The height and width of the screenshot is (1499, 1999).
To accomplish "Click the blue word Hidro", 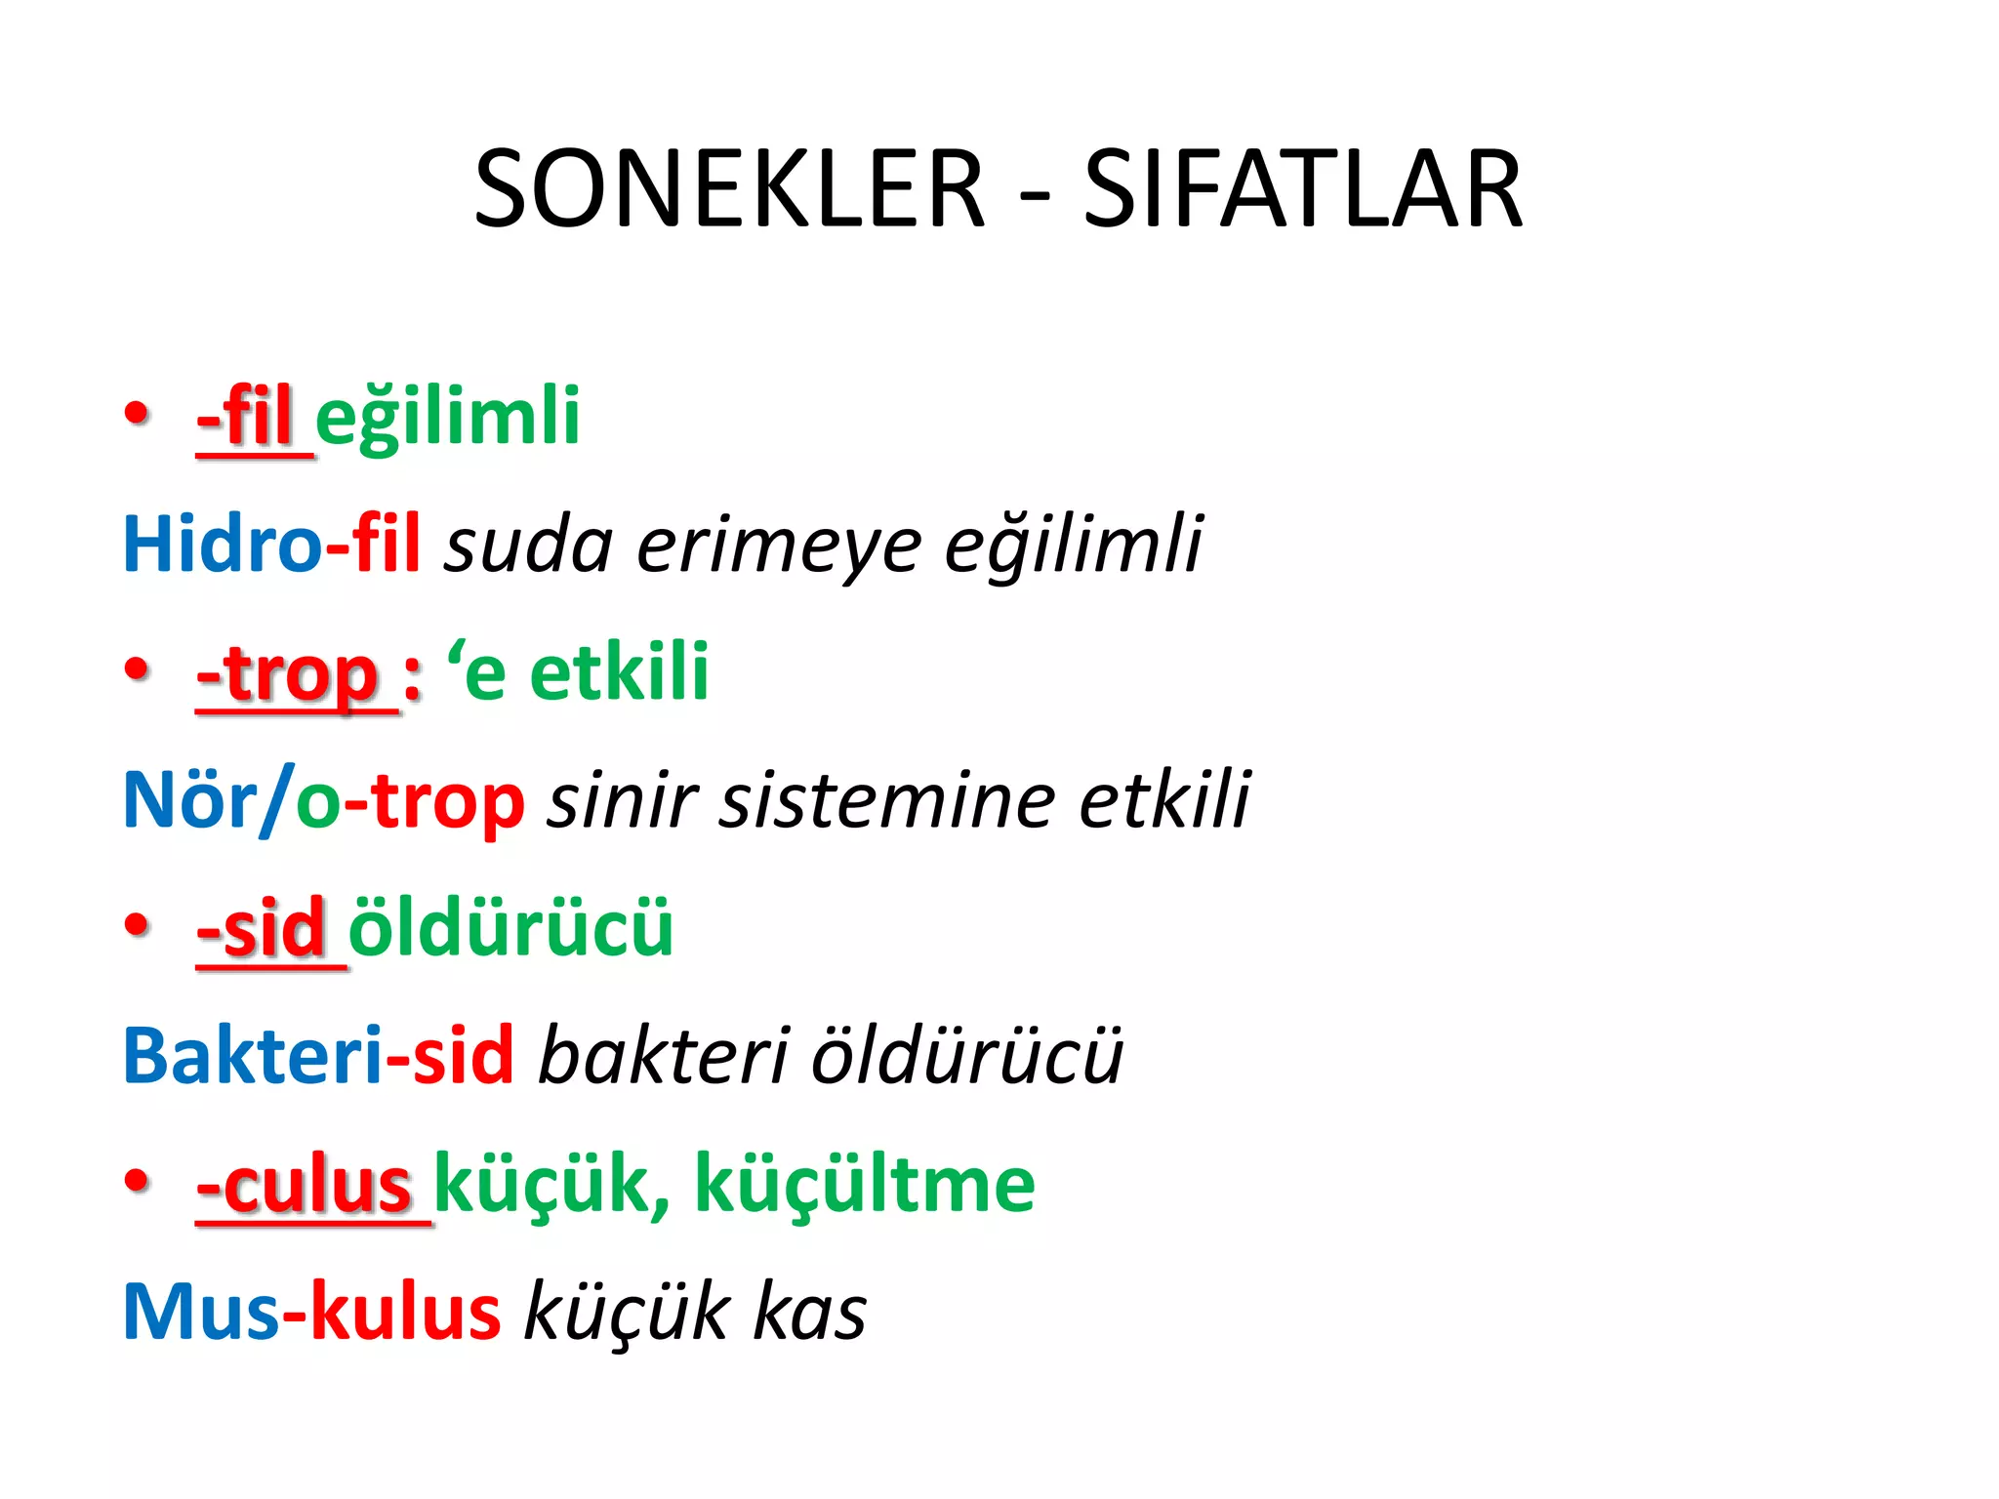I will click(x=222, y=544).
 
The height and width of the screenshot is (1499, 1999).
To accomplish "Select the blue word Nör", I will click(x=189, y=800).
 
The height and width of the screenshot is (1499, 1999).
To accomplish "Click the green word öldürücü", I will click(x=510, y=927).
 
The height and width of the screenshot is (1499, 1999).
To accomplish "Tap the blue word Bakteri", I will click(x=252, y=1056).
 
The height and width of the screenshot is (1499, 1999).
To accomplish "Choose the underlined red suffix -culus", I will click(x=305, y=1185).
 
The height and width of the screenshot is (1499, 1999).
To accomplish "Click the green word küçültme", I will click(x=864, y=1185).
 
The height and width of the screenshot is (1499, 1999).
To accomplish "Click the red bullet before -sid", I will click(x=138, y=924).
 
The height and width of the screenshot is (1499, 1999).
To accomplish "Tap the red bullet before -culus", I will click(x=138, y=1180).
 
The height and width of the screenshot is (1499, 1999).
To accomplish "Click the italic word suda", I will click(x=528, y=545).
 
